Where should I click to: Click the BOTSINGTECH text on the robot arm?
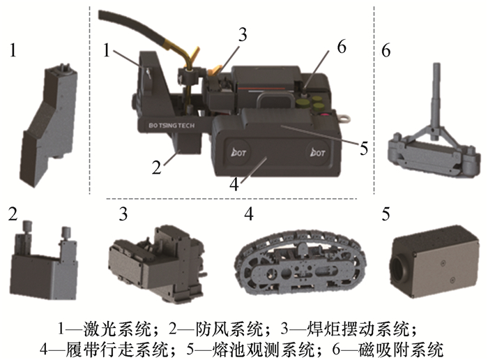pyautogui.click(x=171, y=125)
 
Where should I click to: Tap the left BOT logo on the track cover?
pyautogui.click(x=239, y=153)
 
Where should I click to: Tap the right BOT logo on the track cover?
pyautogui.click(x=317, y=153)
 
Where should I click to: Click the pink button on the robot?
pyautogui.click(x=325, y=116)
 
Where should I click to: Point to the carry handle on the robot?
pyautogui.click(x=275, y=99)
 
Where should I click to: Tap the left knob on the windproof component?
pyautogui.click(x=27, y=225)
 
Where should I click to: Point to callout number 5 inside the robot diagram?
pyautogui.click(x=363, y=149)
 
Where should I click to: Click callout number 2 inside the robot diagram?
pyautogui.click(x=157, y=167)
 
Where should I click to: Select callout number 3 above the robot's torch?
pyautogui.click(x=243, y=35)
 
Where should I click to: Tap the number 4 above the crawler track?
pyautogui.click(x=249, y=213)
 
